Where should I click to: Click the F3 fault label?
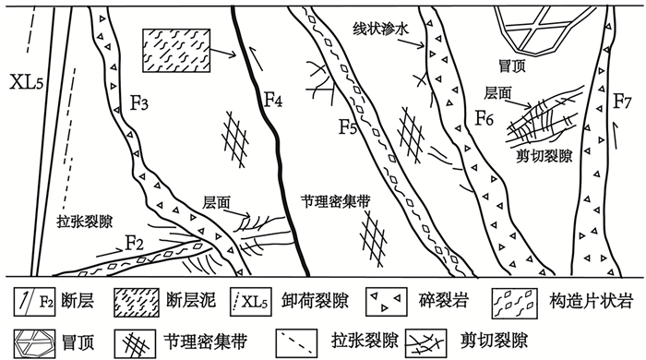pos(139,103)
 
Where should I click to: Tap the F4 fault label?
pos(273,100)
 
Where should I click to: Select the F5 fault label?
pos(348,126)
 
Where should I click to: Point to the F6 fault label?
pos(484,118)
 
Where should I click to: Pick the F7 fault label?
pos(622,102)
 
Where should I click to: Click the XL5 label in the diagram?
pos(27,82)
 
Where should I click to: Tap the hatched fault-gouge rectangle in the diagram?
pos(176,51)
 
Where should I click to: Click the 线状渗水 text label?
pos(380,29)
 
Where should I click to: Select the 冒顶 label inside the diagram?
pos(512,66)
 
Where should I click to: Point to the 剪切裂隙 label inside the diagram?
pos(544,156)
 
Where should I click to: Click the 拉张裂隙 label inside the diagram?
pos(85,222)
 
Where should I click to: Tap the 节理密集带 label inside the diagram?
pos(335,202)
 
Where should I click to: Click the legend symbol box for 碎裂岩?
pos(387,302)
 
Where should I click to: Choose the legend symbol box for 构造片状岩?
pos(515,302)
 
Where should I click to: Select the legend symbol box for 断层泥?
pos(137,303)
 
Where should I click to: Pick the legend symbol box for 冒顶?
pos(35,343)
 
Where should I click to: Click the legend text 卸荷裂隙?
pos(316,301)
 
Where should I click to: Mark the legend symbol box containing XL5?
pos(251,302)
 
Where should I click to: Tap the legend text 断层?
pos(78,301)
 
